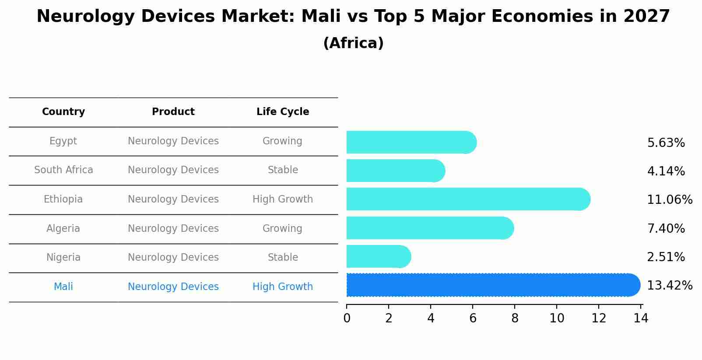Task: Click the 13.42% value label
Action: tap(669, 286)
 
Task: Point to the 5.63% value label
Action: tap(666, 143)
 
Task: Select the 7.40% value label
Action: tap(666, 228)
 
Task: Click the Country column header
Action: tap(63, 112)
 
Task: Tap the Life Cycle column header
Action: tap(283, 112)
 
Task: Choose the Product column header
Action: tap(173, 112)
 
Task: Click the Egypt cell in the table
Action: tap(63, 141)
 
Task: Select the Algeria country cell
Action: tap(63, 228)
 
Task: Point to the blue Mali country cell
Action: tap(63, 287)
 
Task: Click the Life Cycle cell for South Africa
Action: tap(283, 170)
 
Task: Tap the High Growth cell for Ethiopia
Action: tap(283, 199)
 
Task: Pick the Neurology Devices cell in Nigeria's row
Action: tap(173, 258)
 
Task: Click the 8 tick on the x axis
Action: tap(515, 318)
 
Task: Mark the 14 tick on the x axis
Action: tap(641, 318)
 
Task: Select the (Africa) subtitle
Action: tap(353, 43)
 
